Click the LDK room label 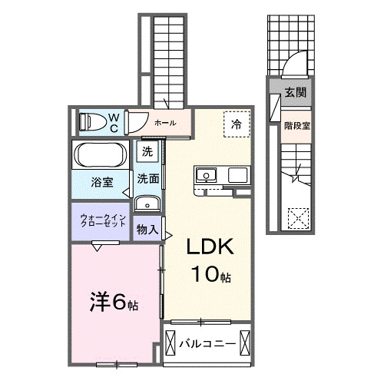pos(207,247)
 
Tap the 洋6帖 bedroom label pos(111,302)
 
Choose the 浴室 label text pos(102,183)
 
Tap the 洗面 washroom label pos(148,179)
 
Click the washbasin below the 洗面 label pos(147,204)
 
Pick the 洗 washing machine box pos(147,152)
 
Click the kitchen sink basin pos(207,176)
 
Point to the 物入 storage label pos(147,229)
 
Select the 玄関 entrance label pos(296,92)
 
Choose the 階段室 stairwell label pos(296,125)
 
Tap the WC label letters pos(113,121)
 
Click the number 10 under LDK pos(201,273)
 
